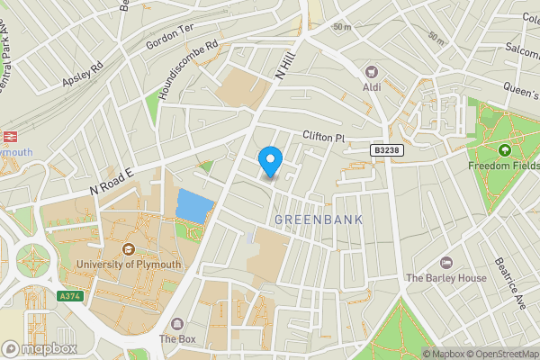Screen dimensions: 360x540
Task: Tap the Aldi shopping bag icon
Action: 370,71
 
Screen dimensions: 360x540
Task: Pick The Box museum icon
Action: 176,324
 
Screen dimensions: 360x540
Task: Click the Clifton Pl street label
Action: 324,137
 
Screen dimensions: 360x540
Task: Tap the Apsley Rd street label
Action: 83,75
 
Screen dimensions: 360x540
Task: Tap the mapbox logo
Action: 39,348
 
